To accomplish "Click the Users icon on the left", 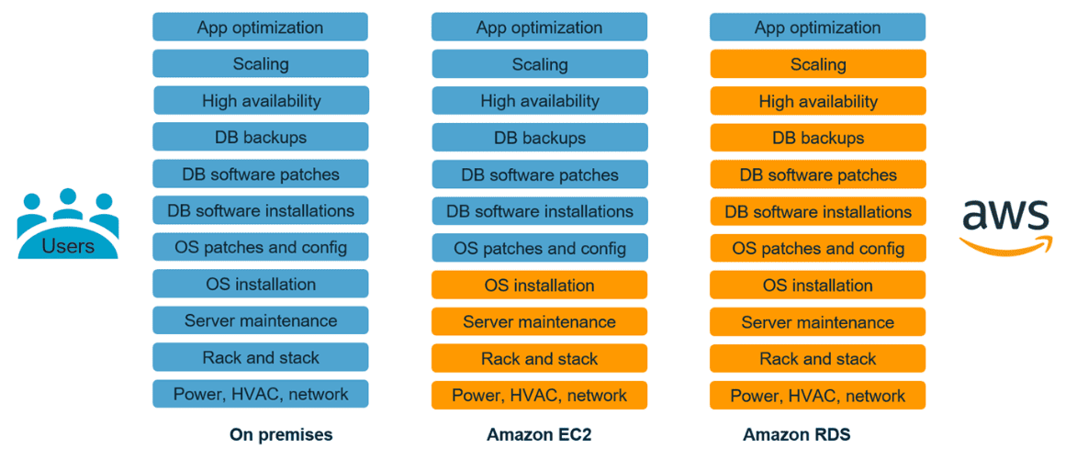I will pyautogui.click(x=67, y=224).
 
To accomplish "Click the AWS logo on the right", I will pyautogui.click(x=1005, y=225).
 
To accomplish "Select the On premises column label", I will pyautogui.click(x=281, y=434).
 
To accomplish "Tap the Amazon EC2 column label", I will pyautogui.click(x=539, y=434).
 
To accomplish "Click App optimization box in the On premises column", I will pyautogui.click(x=260, y=27).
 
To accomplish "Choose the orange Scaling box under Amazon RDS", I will pyautogui.click(x=817, y=64).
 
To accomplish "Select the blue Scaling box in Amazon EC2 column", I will pyautogui.click(x=539, y=64).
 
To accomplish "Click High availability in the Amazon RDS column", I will pyautogui.click(x=817, y=101).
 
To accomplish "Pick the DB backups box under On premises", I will pyautogui.click(x=260, y=137).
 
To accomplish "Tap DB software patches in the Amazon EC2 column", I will pyautogui.click(x=539, y=174).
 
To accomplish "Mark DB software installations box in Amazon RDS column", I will pyautogui.click(x=817, y=212).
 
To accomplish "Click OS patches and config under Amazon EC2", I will pyautogui.click(x=539, y=248).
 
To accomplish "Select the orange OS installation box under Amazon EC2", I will pyautogui.click(x=539, y=286).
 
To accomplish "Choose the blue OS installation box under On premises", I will pyautogui.click(x=260, y=284).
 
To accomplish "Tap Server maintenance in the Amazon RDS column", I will pyautogui.click(x=817, y=322).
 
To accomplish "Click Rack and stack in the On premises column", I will pyautogui.click(x=260, y=357).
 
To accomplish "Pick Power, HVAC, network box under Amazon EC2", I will pyautogui.click(x=539, y=396).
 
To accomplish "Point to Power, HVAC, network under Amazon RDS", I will pyautogui.click(x=817, y=396).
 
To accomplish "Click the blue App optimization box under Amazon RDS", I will pyautogui.click(x=817, y=27).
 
